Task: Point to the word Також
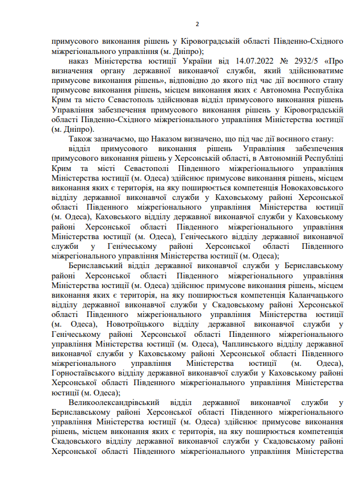(79, 139)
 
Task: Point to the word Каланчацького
(307, 294)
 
